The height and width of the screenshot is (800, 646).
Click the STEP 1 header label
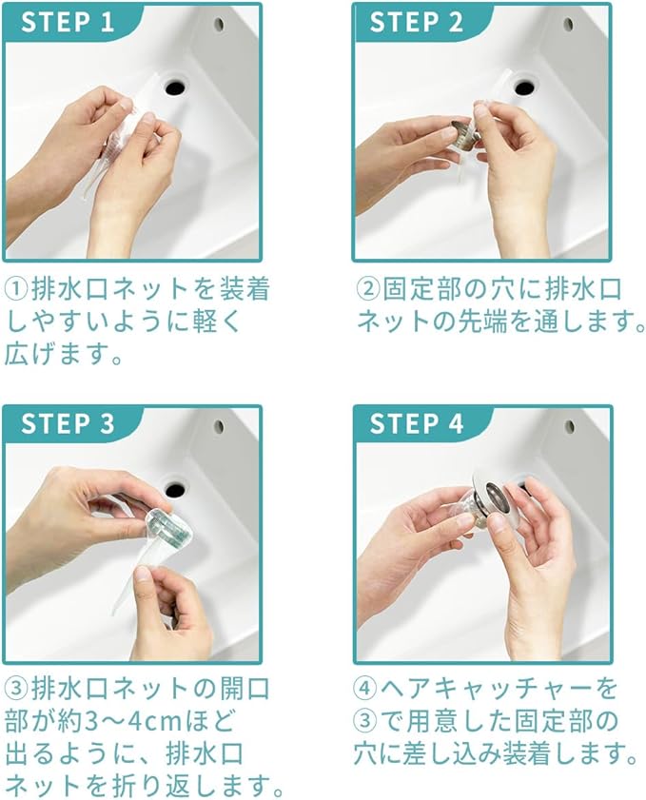click(68, 23)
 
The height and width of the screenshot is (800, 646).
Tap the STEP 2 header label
click(417, 23)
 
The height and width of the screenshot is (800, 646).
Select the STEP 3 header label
click(68, 424)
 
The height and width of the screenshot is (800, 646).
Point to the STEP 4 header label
click(417, 424)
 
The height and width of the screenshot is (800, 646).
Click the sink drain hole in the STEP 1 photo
click(175, 87)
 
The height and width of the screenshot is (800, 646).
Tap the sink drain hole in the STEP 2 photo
click(524, 87)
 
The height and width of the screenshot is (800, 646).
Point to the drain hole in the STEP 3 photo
click(175, 489)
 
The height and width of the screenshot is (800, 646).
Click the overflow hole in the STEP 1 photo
click(220, 24)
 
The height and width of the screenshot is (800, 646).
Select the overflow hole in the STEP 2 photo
click(569, 24)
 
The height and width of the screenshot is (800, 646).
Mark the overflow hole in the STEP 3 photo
click(220, 426)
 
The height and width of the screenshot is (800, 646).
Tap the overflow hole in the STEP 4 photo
click(569, 426)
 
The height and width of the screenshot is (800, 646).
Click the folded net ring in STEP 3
click(170, 528)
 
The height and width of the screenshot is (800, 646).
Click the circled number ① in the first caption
click(17, 290)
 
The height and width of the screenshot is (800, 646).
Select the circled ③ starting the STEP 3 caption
click(17, 690)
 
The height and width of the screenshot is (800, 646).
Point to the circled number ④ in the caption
click(365, 689)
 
